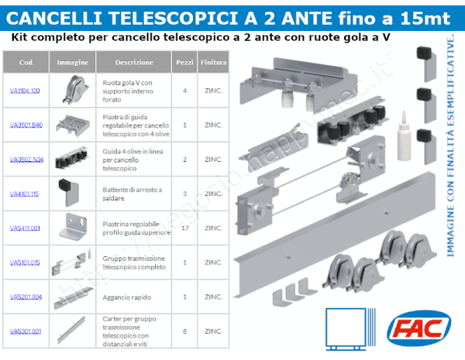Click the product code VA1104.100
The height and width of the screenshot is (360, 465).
25,91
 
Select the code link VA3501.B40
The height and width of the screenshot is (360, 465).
26,125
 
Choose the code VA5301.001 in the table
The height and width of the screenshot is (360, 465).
25,331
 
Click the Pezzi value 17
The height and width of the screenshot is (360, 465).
184,228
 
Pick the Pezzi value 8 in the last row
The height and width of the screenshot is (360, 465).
184,331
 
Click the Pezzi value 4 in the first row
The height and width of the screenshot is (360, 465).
184,91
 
